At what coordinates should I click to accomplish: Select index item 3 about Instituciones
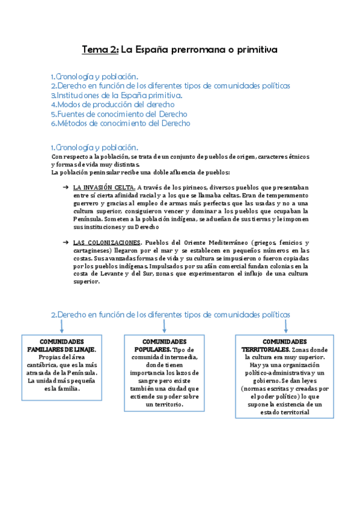117,95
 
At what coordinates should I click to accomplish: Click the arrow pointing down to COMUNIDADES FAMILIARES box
62,326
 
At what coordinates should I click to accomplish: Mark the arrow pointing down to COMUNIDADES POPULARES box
164,326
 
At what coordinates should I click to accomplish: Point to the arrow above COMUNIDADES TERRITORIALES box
286,325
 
